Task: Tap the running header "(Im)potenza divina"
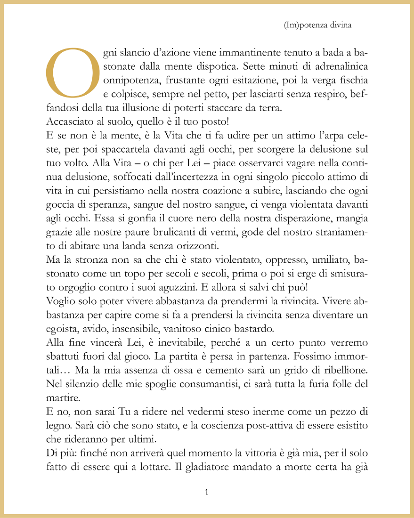(x=318, y=25)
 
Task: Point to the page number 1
(x=207, y=492)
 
